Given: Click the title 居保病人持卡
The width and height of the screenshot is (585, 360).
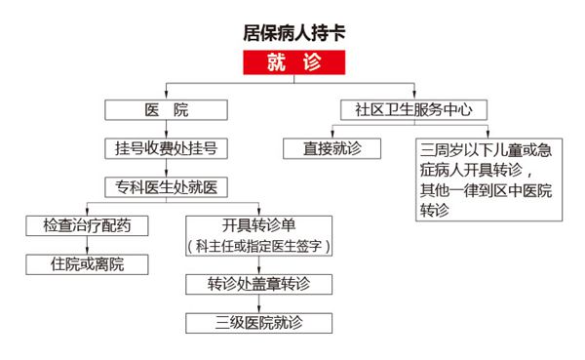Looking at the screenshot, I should (x=293, y=31).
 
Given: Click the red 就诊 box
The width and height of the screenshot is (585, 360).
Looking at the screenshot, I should (x=293, y=63).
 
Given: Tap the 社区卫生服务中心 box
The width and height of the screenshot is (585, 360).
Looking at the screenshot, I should (x=414, y=110).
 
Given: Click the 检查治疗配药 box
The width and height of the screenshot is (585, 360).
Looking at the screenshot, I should (x=88, y=226).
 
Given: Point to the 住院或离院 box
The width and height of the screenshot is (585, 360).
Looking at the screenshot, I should (x=88, y=264).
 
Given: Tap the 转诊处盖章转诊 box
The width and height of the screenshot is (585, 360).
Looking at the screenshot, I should (x=258, y=285).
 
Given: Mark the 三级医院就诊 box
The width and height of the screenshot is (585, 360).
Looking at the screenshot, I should (x=258, y=323).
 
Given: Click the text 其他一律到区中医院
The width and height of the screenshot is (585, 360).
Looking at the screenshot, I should (x=485, y=190).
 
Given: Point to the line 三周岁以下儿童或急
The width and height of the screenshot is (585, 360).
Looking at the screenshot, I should (x=485, y=149).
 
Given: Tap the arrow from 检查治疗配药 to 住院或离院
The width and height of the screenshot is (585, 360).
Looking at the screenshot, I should (x=88, y=245).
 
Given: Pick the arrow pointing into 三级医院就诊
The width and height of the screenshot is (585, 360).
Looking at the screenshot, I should (x=258, y=303).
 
